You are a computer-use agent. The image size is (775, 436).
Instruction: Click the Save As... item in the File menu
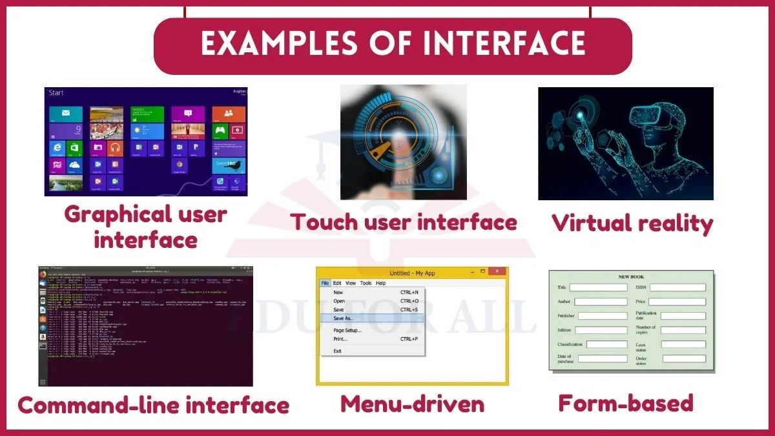pyautogui.click(x=344, y=318)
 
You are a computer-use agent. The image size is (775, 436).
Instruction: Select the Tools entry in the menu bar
pyautogui.click(x=366, y=283)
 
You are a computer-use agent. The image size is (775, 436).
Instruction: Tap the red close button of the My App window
pyautogui.click(x=497, y=272)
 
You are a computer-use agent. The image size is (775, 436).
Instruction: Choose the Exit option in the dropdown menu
pyautogui.click(x=337, y=351)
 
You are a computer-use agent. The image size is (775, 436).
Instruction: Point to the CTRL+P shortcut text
pyautogui.click(x=409, y=339)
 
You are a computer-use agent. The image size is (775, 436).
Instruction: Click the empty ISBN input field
pyautogui.click(x=677, y=287)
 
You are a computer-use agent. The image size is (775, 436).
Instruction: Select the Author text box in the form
pyautogui.click(x=600, y=302)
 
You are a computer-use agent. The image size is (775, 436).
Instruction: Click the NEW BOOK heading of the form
pyautogui.click(x=631, y=276)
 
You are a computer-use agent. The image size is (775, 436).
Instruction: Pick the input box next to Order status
pyautogui.click(x=683, y=358)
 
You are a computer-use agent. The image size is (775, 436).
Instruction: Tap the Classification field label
pyautogui.click(x=570, y=344)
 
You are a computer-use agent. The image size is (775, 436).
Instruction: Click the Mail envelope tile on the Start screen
pyautogui.click(x=66, y=114)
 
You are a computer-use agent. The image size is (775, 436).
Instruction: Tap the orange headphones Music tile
pyautogui.click(x=116, y=149)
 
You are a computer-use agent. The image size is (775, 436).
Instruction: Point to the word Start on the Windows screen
pyautogui.click(x=56, y=93)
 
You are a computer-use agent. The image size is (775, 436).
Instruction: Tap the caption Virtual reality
pyautogui.click(x=632, y=224)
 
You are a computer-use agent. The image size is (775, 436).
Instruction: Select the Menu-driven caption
pyautogui.click(x=412, y=404)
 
